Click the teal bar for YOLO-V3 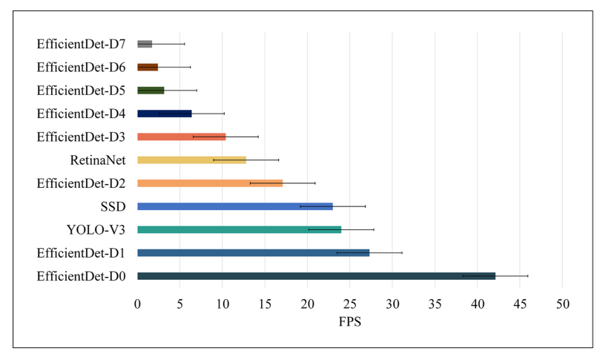[239, 229]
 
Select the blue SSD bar [235, 206]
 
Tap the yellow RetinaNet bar [191, 160]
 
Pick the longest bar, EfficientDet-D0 [316, 276]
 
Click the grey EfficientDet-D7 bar [145, 44]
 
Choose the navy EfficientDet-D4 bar [165, 114]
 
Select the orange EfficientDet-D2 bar [210, 183]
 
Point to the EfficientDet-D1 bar [253, 253]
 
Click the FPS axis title [349, 323]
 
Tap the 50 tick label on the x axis [562, 304]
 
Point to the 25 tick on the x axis [349, 304]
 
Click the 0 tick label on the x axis [137, 304]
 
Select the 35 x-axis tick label [435, 304]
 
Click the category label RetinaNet [97, 160]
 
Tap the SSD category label [113, 206]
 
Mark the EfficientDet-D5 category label [81, 91]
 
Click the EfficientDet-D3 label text [81, 137]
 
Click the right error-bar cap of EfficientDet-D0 [527, 276]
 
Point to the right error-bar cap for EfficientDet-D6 [191, 67]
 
